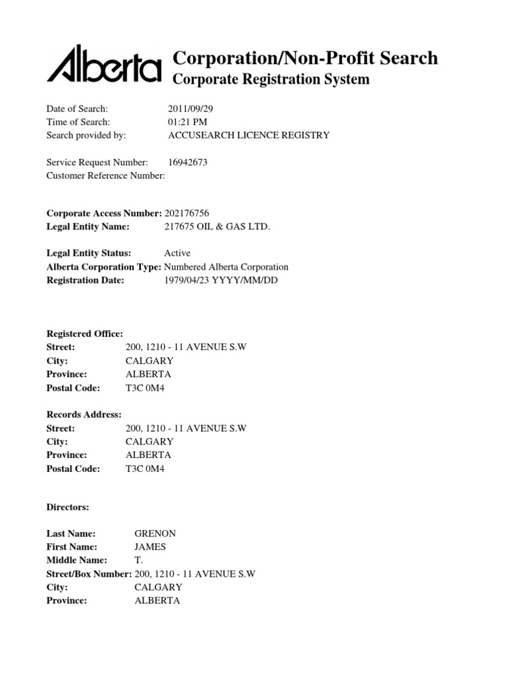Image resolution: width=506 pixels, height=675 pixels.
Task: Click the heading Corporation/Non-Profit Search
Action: click(304, 58)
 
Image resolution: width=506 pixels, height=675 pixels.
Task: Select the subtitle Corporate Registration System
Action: click(271, 80)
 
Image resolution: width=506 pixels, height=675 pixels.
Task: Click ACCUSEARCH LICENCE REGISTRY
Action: click(249, 135)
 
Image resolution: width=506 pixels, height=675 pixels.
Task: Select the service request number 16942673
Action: click(188, 162)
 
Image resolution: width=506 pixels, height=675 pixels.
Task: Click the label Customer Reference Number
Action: click(105, 175)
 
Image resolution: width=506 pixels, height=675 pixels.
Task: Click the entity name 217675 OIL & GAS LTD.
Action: click(217, 227)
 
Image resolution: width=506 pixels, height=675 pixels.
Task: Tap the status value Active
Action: click(177, 253)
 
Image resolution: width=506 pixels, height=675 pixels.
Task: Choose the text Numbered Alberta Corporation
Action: click(226, 267)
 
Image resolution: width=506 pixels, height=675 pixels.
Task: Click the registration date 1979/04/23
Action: click(187, 280)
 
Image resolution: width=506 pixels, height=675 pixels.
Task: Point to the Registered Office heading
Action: click(84, 334)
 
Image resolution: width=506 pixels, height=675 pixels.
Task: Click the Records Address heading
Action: click(84, 415)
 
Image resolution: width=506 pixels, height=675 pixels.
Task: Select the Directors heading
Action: click(67, 508)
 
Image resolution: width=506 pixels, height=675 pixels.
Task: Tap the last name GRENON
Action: click(155, 533)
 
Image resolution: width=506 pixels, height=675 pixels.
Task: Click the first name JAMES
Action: click(150, 546)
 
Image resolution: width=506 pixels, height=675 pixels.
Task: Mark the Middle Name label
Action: click(76, 560)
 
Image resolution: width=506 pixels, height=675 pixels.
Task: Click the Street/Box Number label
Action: click(89, 573)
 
